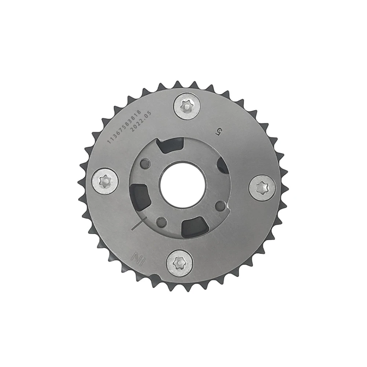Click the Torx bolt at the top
coord(187,107)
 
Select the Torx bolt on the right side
coord(262,188)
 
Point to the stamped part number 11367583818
coord(124,127)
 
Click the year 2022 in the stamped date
coord(137,126)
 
